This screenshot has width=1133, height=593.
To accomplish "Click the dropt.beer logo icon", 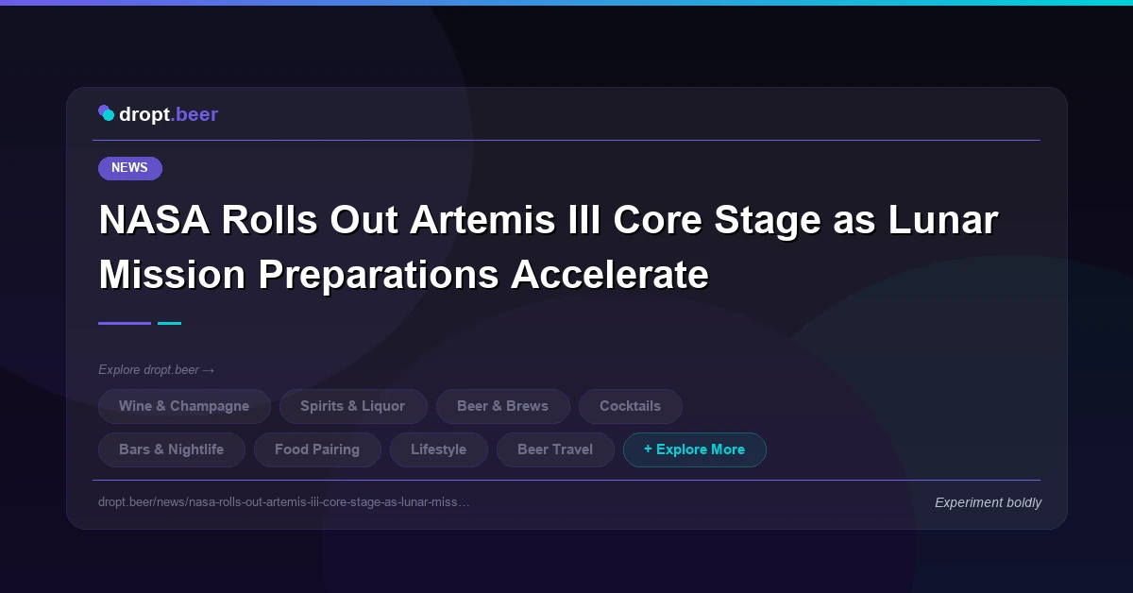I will (106, 113).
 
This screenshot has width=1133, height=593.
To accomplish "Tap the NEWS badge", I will (129, 168).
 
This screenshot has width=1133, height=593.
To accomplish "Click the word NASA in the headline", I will (153, 220).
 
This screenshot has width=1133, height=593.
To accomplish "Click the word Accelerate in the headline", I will (609, 275).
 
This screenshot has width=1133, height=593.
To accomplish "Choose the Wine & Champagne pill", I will (184, 406).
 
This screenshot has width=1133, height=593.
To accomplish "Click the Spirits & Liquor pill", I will (352, 406).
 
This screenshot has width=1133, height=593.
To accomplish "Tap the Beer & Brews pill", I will (502, 406).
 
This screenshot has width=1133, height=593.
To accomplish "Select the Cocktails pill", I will (630, 406).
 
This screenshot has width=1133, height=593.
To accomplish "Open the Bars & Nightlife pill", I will (171, 449).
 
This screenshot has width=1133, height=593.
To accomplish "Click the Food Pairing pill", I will (317, 449).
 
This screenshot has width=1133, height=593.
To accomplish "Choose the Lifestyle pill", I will (438, 449).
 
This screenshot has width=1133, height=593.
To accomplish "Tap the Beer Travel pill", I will (554, 449).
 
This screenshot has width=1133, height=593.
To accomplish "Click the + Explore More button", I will (694, 449).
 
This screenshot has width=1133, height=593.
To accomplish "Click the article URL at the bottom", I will (283, 502).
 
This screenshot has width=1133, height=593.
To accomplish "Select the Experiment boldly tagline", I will (988, 502).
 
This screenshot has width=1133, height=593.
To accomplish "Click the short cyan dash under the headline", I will (169, 323).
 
